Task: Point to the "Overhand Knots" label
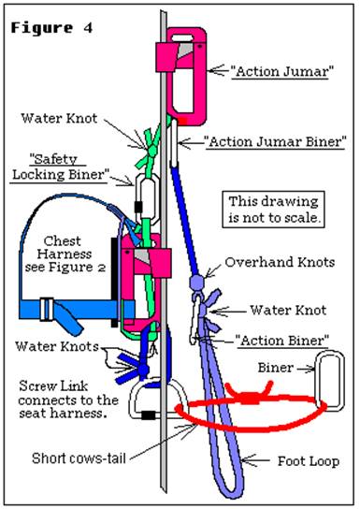(x=280, y=263)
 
